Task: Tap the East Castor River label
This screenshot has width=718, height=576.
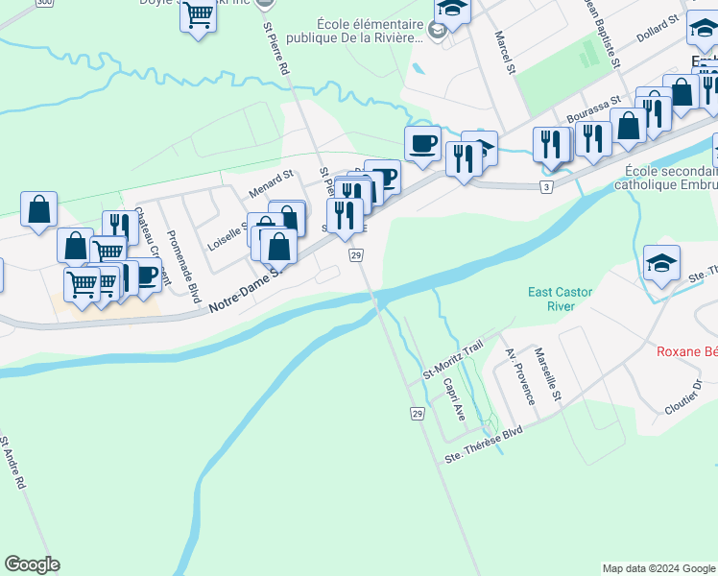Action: [x=552, y=299]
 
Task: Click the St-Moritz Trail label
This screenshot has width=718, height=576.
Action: [x=454, y=359]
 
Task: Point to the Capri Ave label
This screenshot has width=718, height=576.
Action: [x=454, y=398]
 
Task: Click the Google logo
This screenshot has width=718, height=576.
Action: [x=32, y=564]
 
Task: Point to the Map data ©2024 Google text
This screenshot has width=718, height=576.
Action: [x=658, y=568]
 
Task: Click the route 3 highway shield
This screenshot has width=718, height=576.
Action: [x=546, y=186]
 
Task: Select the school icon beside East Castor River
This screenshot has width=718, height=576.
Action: [x=662, y=262]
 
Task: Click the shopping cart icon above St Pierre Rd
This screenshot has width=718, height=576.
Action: [x=198, y=15]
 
